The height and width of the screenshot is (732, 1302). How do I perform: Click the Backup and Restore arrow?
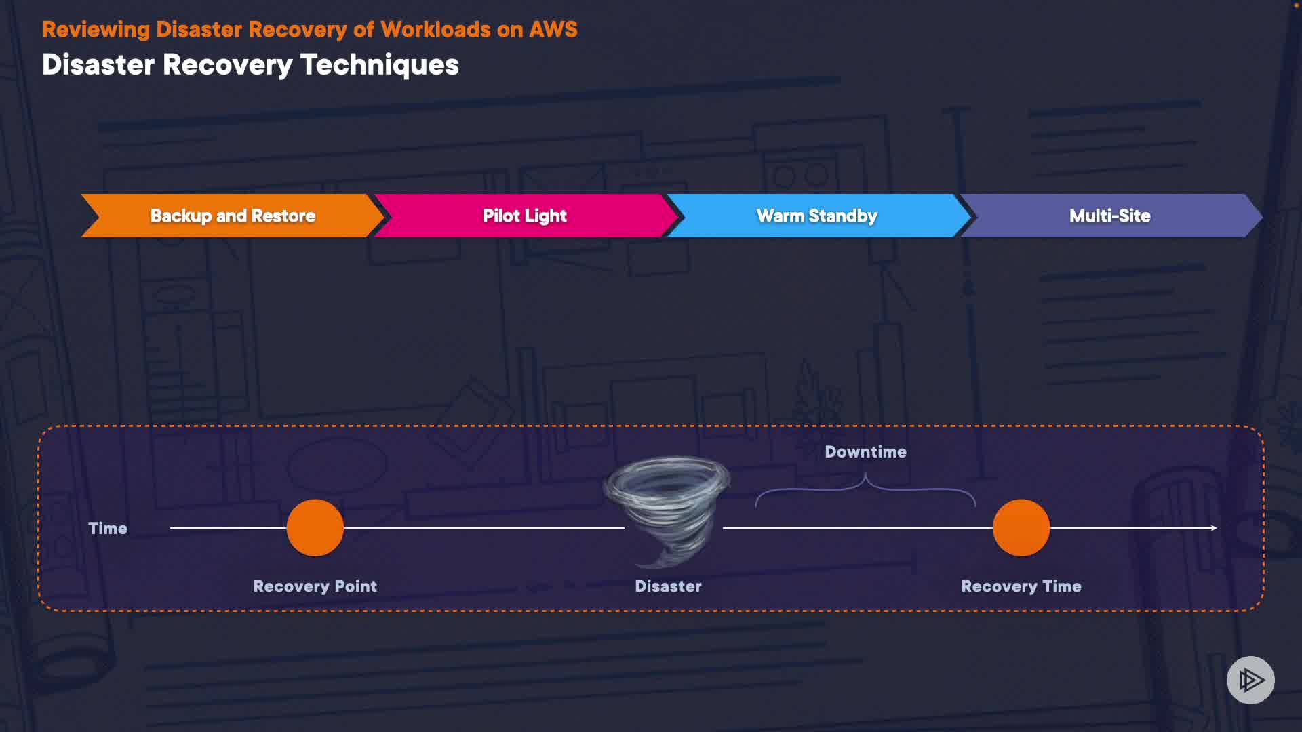pyautogui.click(x=233, y=216)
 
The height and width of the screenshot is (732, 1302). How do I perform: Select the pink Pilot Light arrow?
pyautogui.click(x=525, y=216)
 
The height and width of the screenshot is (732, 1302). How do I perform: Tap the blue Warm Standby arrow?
pyautogui.click(x=817, y=216)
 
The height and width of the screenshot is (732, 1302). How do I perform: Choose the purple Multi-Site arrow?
pyautogui.click(x=1110, y=216)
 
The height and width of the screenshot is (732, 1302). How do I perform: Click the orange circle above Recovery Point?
pyautogui.click(x=315, y=528)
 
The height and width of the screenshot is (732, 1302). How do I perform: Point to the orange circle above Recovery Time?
pyautogui.click(x=1021, y=528)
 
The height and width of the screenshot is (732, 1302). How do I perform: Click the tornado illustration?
pyautogui.click(x=668, y=508)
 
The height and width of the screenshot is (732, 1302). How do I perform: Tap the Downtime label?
pyautogui.click(x=865, y=452)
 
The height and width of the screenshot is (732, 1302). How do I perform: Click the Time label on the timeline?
pyautogui.click(x=108, y=529)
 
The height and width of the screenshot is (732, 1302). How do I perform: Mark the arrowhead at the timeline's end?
pyautogui.click(x=1214, y=528)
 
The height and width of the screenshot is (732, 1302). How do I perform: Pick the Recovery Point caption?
pyautogui.click(x=315, y=586)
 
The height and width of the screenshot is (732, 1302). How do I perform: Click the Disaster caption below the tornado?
pyautogui.click(x=668, y=586)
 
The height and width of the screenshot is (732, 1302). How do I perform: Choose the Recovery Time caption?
pyautogui.click(x=1021, y=586)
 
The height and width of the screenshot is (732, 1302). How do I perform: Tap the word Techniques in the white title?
pyautogui.click(x=380, y=65)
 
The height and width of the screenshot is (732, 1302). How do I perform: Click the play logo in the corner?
pyautogui.click(x=1250, y=680)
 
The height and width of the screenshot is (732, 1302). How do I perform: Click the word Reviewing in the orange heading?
pyautogui.click(x=96, y=30)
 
